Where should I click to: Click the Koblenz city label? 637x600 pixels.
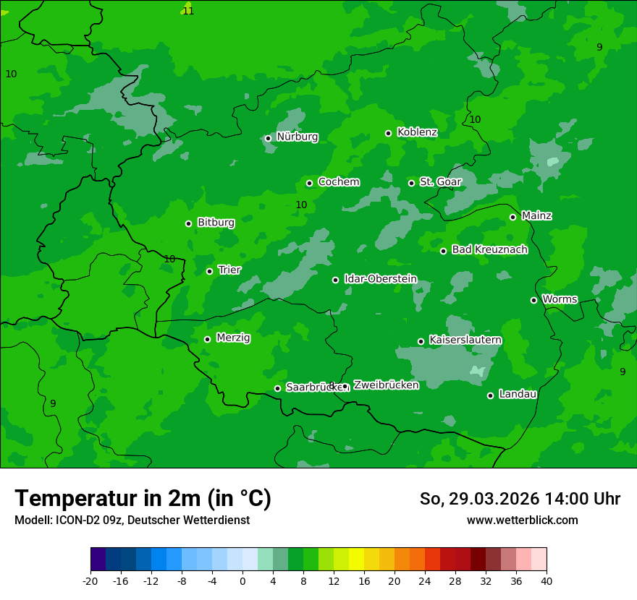[417, 132]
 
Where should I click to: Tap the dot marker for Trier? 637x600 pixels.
[209, 271]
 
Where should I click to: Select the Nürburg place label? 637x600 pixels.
[297, 137]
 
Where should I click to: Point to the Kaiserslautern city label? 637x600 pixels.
[465, 340]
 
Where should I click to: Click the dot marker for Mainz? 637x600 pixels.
[512, 217]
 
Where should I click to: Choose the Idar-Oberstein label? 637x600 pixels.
[380, 278]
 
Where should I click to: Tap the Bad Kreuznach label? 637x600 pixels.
[489, 249]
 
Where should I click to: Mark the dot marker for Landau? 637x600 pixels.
[490, 395]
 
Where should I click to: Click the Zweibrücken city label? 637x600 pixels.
[386, 385]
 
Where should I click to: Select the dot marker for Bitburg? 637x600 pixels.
[188, 223]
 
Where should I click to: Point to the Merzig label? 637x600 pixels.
[233, 338]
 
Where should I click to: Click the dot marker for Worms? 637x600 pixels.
[533, 300]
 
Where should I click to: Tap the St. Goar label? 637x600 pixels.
[440, 181]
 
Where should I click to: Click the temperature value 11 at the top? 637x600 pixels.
[188, 11]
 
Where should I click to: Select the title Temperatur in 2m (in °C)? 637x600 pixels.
[143, 498]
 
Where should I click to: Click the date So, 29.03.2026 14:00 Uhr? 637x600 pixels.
[520, 499]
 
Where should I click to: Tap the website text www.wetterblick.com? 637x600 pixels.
[522, 520]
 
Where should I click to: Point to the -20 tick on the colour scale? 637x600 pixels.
[90, 580]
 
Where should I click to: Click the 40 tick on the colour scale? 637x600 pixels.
[547, 580]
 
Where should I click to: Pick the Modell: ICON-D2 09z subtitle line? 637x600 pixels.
[132, 520]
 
